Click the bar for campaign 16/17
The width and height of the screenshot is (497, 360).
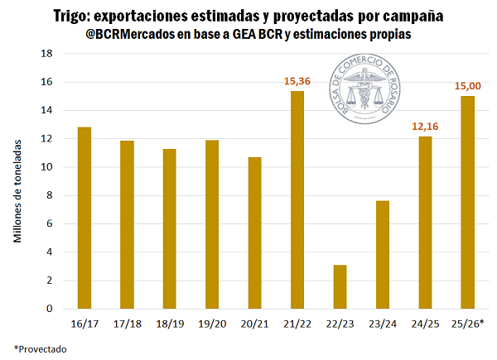[x=84, y=218]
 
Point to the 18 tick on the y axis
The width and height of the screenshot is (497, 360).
[x=47, y=54]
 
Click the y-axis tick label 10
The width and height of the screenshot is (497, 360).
[x=47, y=167]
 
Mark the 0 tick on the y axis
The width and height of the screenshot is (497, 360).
[x=50, y=309]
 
